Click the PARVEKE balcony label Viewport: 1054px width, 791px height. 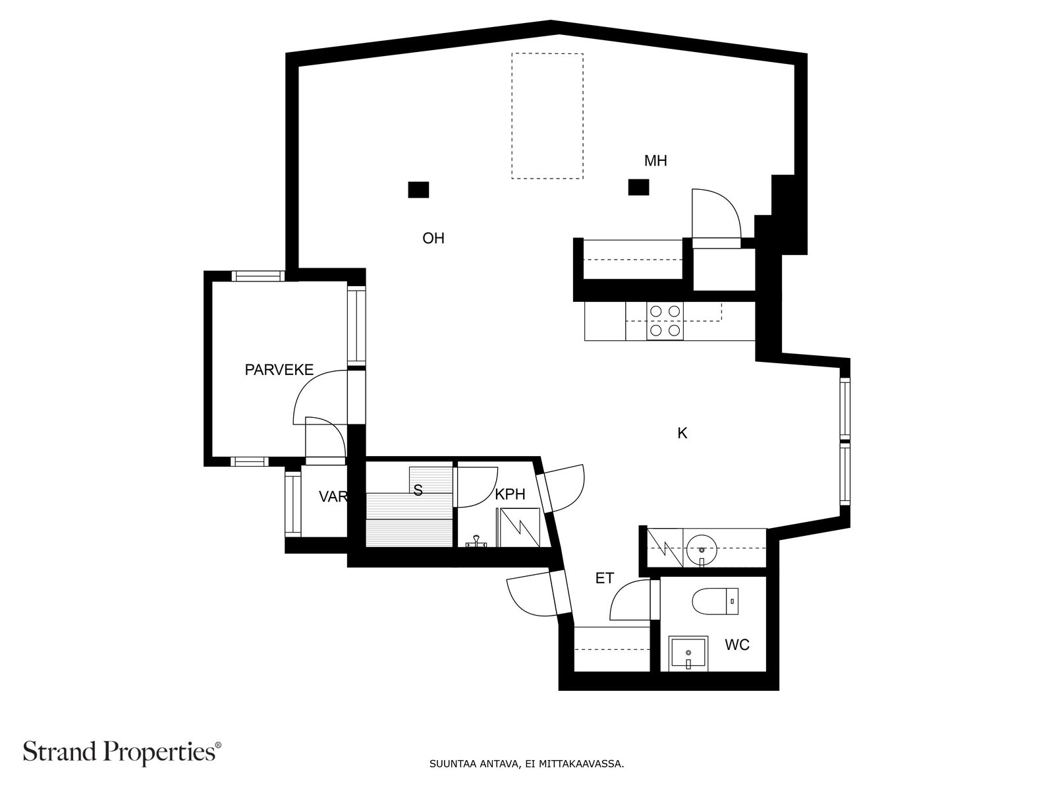[x=279, y=370]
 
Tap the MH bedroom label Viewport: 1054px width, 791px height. [x=655, y=161]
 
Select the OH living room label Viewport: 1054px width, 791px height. [x=433, y=239]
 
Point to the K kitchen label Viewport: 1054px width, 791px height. [x=682, y=433]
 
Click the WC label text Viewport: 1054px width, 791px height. [x=737, y=645]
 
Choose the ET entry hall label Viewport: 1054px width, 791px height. [x=604, y=579]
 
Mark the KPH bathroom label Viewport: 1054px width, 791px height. [x=511, y=494]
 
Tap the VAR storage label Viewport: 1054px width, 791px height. [x=333, y=497]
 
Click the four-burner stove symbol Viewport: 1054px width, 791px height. [x=664, y=321]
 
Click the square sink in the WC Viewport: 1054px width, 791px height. [x=688, y=653]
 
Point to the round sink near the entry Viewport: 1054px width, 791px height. [x=702, y=548]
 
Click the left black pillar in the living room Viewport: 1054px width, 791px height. [x=418, y=190]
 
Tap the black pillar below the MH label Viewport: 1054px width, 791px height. [x=638, y=188]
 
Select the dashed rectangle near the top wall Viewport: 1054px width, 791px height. [x=547, y=116]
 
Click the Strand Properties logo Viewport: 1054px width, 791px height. [x=122, y=751]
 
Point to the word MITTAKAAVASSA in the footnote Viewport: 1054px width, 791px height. [x=580, y=765]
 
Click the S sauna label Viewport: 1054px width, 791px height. [x=418, y=490]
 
